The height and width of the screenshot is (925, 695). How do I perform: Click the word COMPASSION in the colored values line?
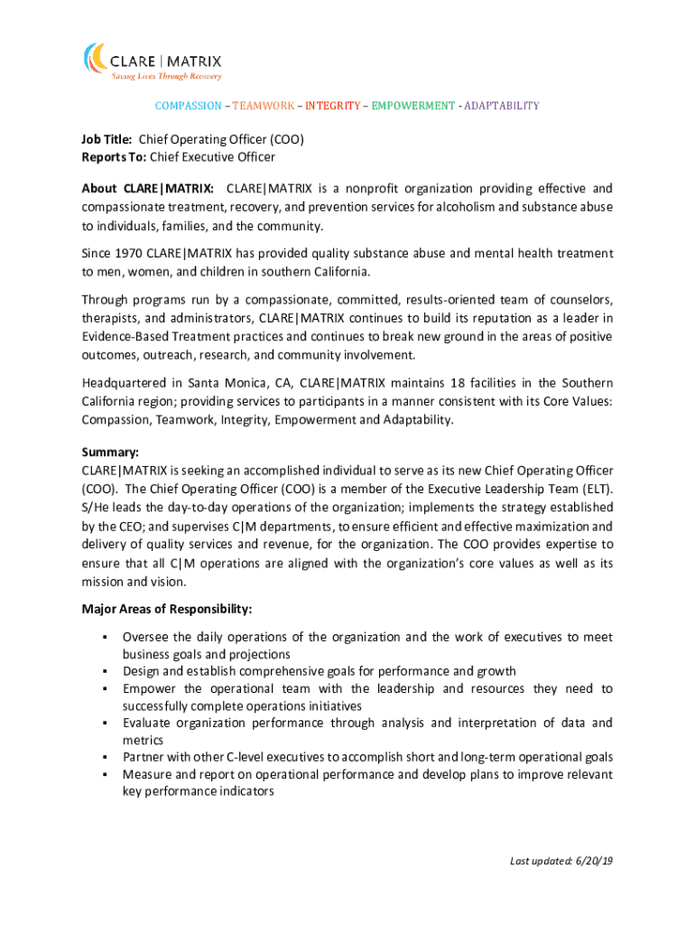(188, 106)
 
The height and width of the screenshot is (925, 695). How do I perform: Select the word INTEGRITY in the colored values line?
(332, 106)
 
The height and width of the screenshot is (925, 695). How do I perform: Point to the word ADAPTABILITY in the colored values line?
(502, 106)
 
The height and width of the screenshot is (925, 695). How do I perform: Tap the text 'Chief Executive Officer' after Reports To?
(212, 157)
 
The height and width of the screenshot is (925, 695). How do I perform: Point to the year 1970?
(128, 254)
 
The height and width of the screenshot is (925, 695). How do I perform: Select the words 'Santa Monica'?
(197, 383)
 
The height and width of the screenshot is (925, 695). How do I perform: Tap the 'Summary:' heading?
(109, 453)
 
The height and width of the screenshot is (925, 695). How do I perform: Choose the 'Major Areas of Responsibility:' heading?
(167, 609)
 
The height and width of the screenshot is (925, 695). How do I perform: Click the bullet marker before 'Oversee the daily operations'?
(105, 638)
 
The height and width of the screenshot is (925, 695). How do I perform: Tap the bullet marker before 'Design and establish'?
(105, 672)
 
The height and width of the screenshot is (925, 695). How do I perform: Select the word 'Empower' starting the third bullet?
(150, 689)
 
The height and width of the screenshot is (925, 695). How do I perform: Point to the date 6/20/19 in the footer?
(593, 861)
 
